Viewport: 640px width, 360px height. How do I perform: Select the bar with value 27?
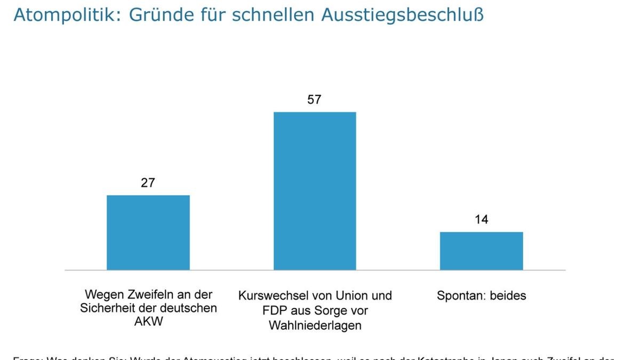point(148,233)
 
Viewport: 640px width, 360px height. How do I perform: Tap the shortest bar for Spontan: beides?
point(481,251)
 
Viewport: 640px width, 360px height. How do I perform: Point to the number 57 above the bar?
point(315,100)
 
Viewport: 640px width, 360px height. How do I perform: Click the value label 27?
point(148,183)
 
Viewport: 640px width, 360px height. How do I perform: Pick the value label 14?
point(481,220)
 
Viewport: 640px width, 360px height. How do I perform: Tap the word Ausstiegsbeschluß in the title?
point(403,15)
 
